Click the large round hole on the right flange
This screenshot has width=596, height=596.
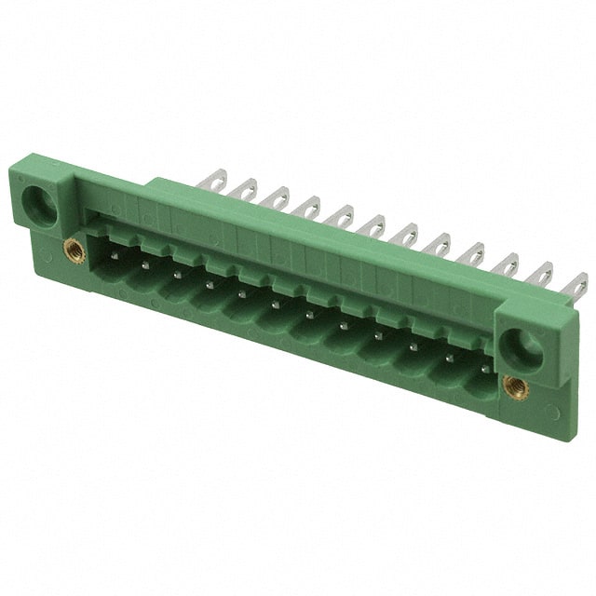coord(523,348)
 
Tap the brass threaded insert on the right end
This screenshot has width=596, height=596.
coord(515,387)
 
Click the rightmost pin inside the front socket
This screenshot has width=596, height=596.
coord(485,368)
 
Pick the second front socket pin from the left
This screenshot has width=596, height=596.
coord(145,263)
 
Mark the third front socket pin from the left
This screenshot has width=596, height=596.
coord(177,273)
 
